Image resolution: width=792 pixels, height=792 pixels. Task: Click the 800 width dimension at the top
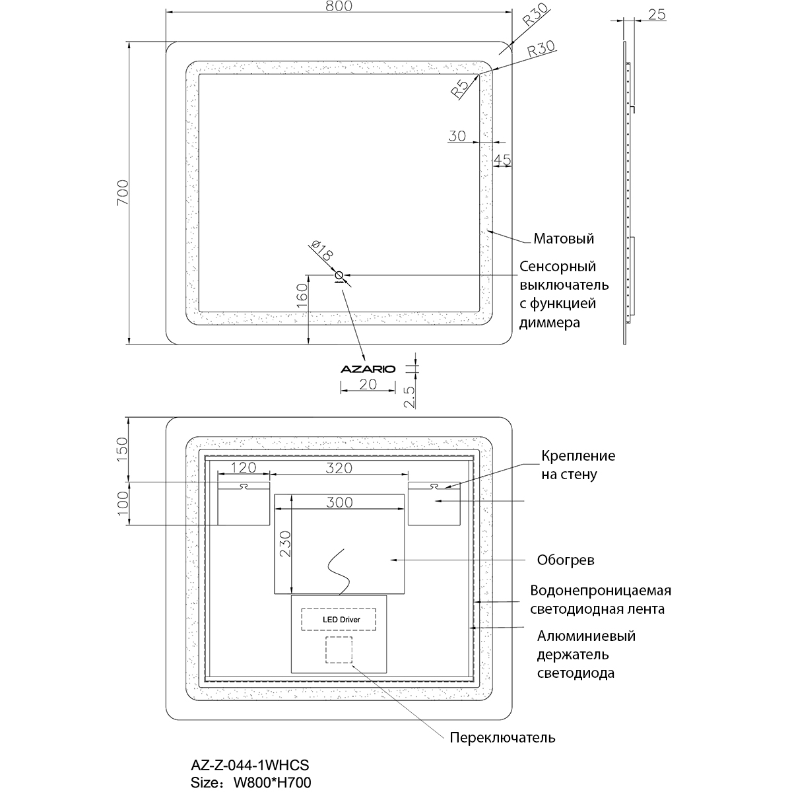(339, 6)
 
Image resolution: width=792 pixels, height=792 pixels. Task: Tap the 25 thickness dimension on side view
(657, 14)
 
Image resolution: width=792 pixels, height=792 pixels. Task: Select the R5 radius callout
(460, 87)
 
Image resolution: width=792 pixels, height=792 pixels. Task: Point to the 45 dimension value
(502, 159)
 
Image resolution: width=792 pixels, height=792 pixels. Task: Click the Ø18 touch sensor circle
(339, 275)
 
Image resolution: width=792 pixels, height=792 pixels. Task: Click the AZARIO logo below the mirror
(368, 370)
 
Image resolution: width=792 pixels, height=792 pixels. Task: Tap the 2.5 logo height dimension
(409, 398)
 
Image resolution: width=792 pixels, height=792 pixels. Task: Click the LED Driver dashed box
(339, 620)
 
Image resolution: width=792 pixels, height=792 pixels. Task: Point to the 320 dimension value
(339, 468)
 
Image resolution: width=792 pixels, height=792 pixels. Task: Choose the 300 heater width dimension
(339, 502)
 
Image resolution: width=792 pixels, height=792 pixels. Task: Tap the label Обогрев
(566, 560)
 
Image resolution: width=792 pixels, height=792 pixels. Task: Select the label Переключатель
(502, 737)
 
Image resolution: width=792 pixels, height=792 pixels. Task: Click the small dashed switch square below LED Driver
(339, 650)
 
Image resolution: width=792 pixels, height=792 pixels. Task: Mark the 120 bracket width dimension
(243, 468)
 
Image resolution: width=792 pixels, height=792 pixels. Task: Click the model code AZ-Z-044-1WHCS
(249, 765)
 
